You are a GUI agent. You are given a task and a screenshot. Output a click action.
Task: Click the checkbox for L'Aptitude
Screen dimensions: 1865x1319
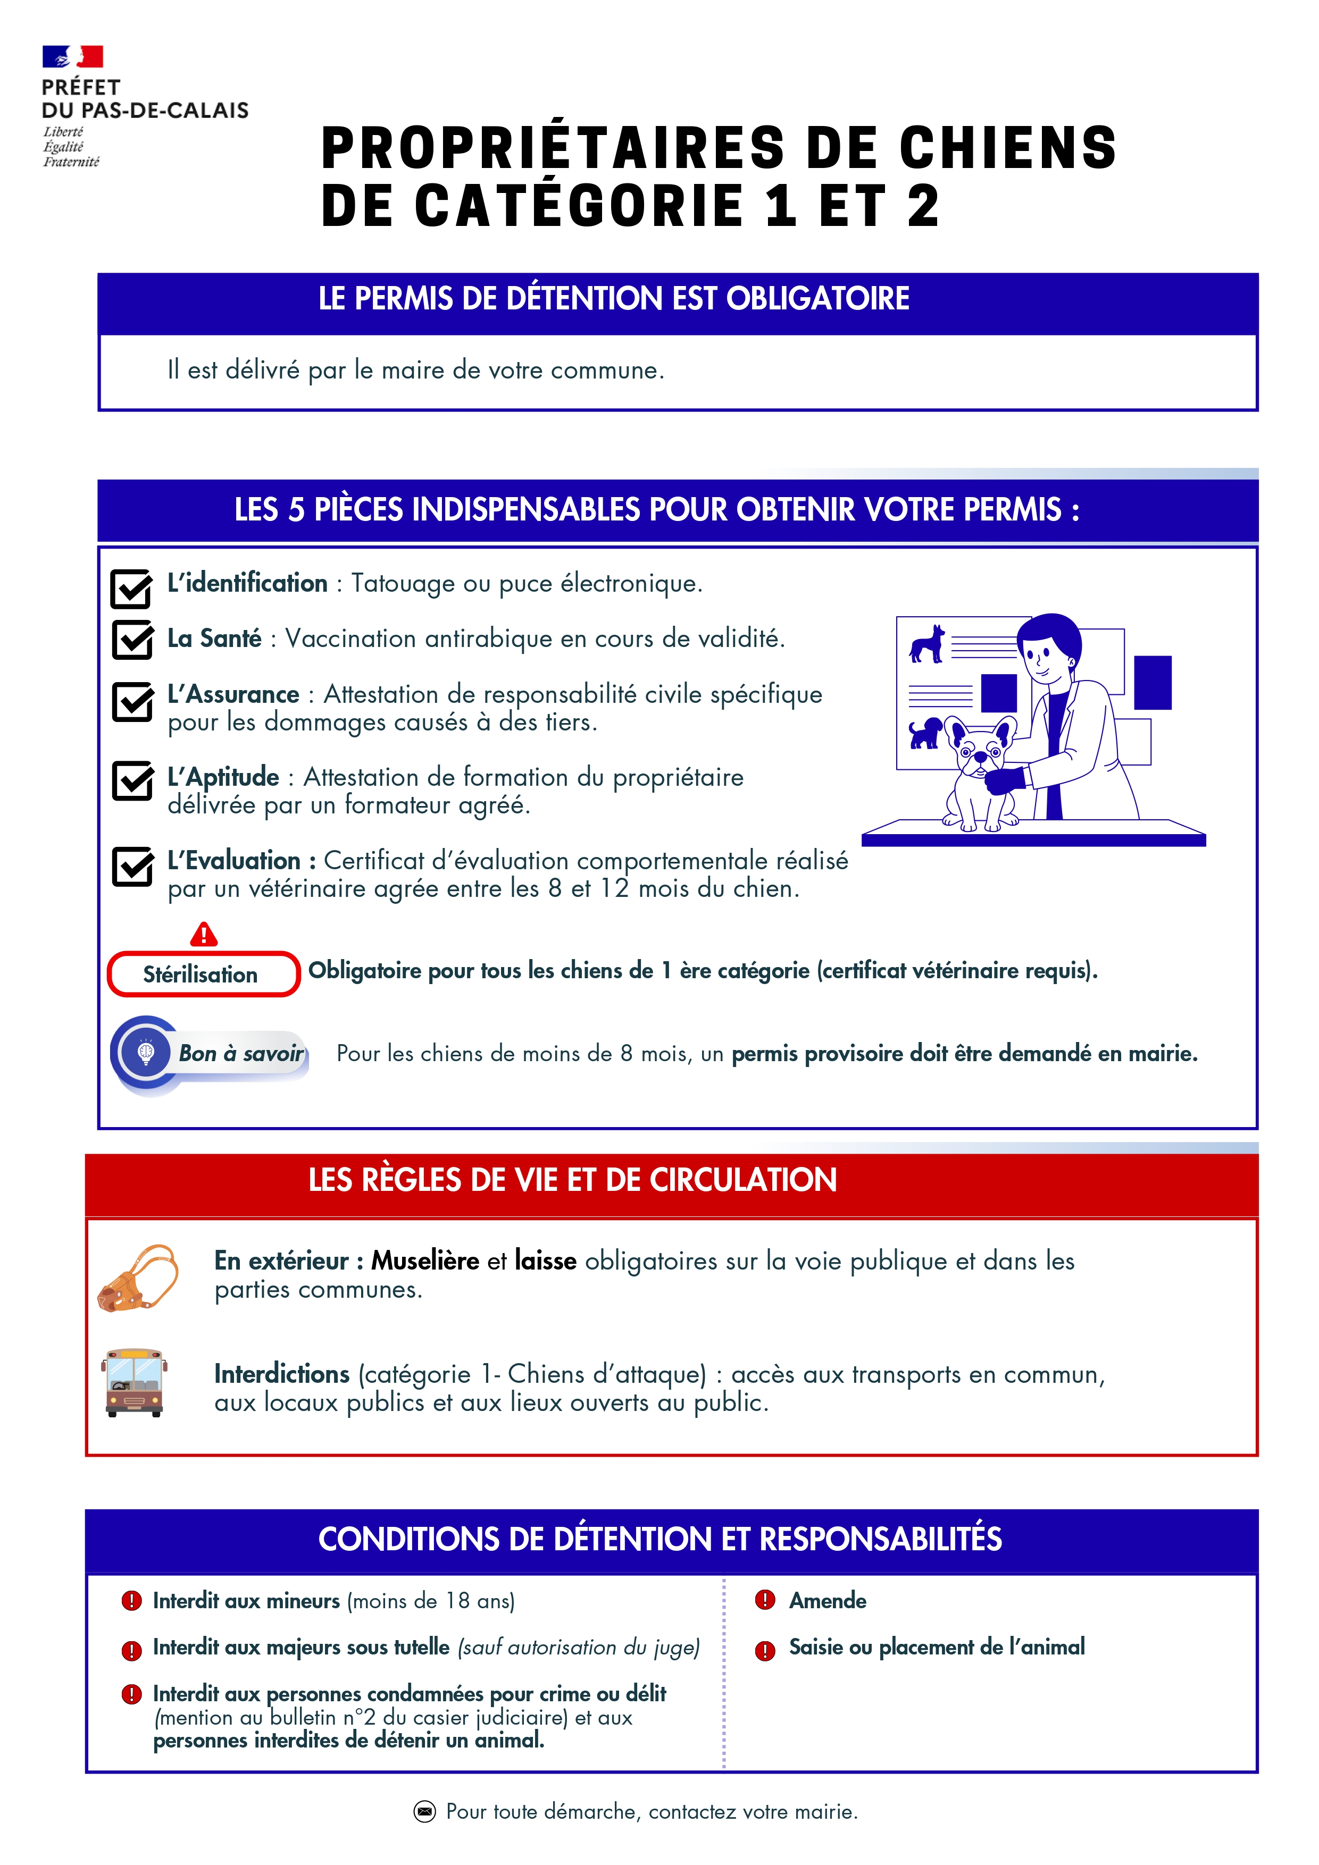coord(132,780)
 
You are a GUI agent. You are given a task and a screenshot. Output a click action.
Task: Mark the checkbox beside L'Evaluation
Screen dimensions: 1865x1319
coord(132,867)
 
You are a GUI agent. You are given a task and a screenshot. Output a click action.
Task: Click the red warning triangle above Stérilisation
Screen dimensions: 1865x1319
coord(203,935)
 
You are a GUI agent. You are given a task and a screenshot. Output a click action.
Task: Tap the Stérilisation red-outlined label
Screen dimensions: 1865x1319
coord(203,974)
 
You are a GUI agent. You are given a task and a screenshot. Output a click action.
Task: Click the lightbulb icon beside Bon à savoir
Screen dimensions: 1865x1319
coord(146,1053)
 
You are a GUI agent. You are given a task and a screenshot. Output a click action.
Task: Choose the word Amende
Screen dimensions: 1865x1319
coord(828,1600)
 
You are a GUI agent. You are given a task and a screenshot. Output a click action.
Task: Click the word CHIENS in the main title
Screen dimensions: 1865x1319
coord(1008,149)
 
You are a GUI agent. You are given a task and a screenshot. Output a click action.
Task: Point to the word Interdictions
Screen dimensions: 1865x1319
coord(282,1374)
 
